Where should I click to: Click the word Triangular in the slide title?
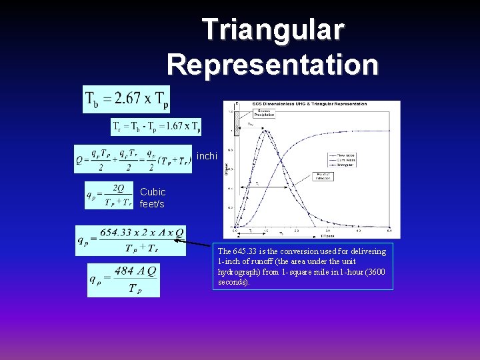tap(273, 30)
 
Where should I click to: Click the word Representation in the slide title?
tap(273, 65)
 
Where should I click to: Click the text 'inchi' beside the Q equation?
tap(207, 157)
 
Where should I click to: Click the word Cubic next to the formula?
tap(153, 192)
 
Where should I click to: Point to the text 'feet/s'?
tap(152, 204)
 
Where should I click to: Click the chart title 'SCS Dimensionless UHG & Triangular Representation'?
tap(309, 104)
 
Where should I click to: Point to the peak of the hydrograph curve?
tap(266, 130)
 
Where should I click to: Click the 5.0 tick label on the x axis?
tap(389, 231)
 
